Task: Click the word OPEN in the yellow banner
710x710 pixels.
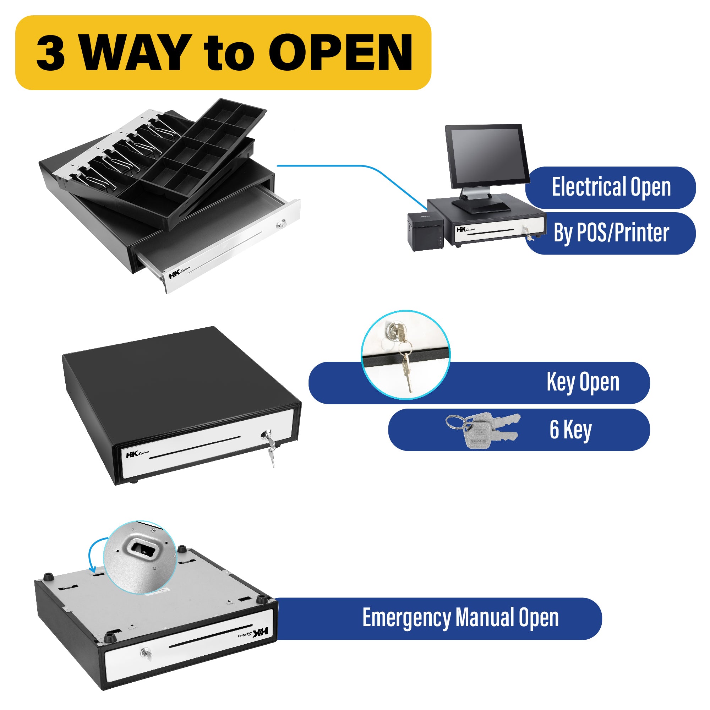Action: point(341,52)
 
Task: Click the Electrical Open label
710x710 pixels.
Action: point(611,187)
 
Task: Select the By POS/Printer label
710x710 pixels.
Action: point(611,233)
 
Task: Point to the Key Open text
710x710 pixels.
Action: point(583,383)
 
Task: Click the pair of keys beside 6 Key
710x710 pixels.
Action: point(482,430)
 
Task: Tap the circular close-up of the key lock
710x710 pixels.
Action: point(405,355)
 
